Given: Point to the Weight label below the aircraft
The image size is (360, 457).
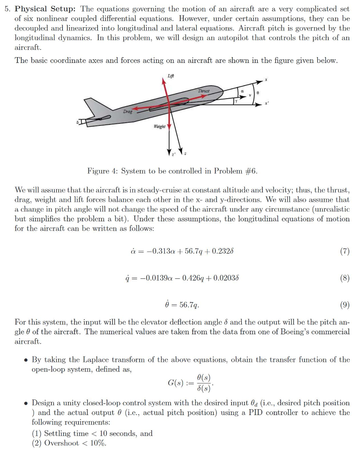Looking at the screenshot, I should tap(159, 127).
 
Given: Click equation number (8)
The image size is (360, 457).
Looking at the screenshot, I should tap(344, 278).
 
